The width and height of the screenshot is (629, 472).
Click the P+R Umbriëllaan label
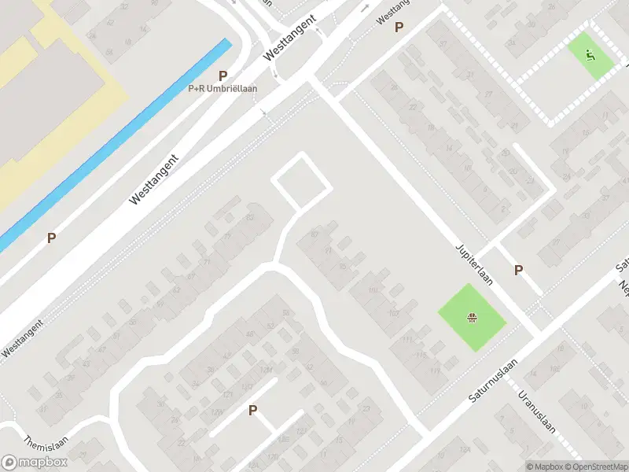tap(223, 89)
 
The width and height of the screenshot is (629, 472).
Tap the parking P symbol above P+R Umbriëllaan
tap(223, 76)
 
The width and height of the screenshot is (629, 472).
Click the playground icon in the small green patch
tap(591, 54)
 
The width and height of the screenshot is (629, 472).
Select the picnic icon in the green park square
tap(472, 319)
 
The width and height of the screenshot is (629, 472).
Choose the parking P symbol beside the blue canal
tap(51, 238)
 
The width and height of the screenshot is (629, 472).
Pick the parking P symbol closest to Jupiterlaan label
tap(518, 270)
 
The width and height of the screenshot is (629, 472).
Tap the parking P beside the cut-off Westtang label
tap(399, 28)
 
